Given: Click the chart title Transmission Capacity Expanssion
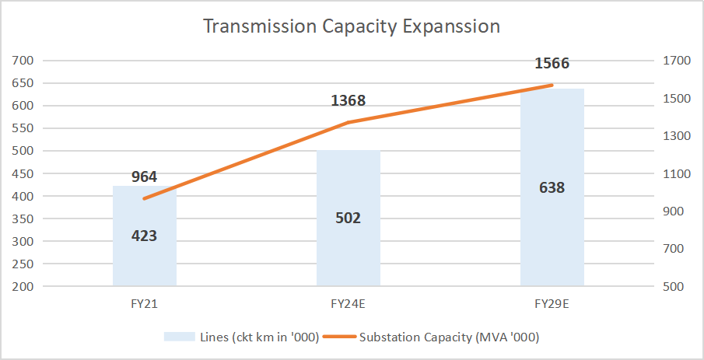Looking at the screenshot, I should click(351, 26).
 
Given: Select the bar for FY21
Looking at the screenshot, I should click(145, 264).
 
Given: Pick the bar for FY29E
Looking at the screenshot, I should click(552, 233).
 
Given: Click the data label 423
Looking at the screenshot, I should click(145, 236).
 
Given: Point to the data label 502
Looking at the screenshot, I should click(348, 218).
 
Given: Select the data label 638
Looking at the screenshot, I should click(552, 187).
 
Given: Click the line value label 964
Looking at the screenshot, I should click(145, 176).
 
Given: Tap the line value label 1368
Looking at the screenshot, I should click(348, 100).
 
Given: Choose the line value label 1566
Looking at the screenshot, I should click(552, 64).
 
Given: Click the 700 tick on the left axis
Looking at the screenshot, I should click(22, 60).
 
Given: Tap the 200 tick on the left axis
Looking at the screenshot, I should click(22, 286).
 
